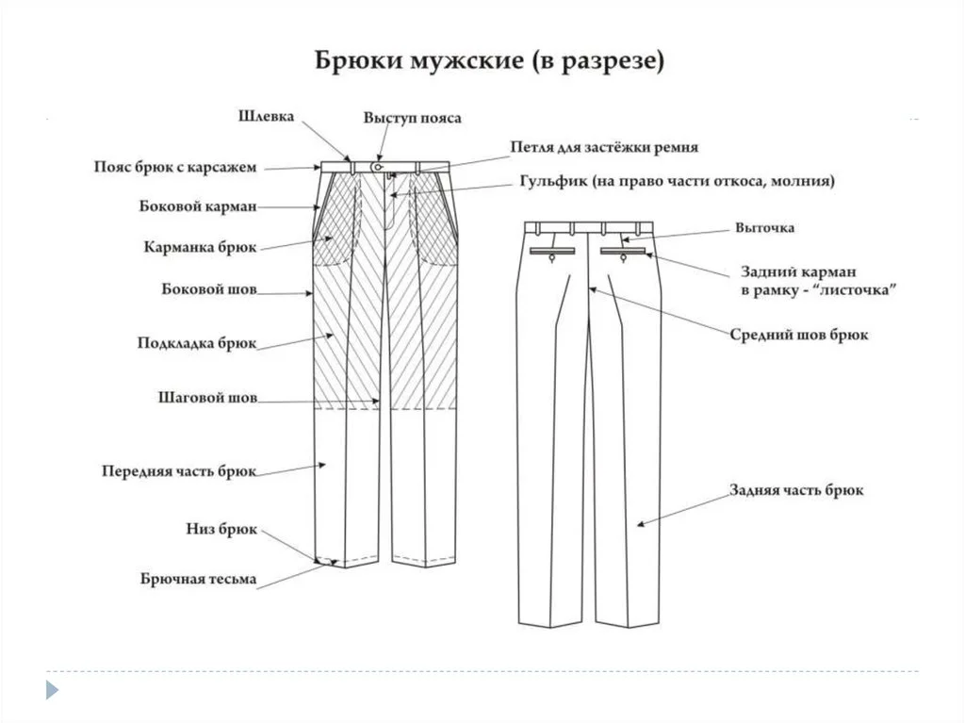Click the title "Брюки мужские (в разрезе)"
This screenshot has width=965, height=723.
point(489,63)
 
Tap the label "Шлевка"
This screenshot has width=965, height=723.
point(265,117)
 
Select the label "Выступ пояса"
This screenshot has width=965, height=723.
point(412,119)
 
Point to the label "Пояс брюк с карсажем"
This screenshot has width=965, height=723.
point(174,167)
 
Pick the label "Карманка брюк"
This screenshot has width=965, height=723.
point(200,247)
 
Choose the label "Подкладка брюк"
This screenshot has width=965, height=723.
point(197,344)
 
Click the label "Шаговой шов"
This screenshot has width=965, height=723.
point(206,398)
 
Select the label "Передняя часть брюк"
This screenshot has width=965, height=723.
point(179,470)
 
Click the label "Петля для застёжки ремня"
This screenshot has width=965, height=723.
point(604,148)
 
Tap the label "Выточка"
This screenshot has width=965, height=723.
point(765,228)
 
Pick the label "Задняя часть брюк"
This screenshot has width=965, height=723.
point(796,491)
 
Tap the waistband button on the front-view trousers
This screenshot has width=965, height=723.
point(377,167)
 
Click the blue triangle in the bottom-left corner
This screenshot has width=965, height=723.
point(52,690)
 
